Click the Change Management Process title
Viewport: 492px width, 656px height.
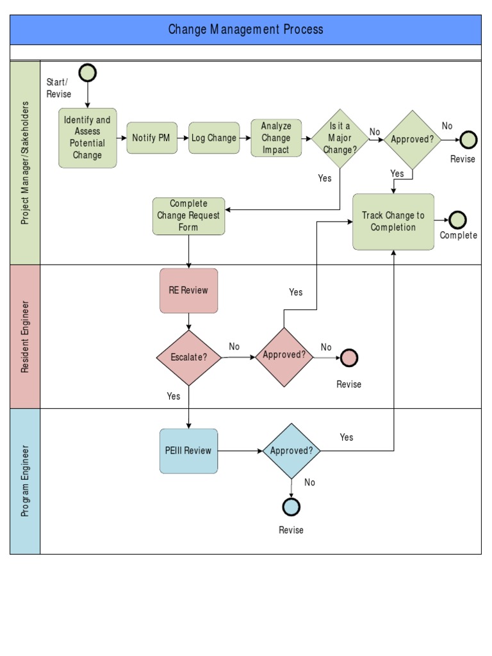pos(245,29)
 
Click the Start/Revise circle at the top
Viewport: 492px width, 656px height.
pos(88,74)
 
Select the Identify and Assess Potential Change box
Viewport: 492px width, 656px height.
pos(88,138)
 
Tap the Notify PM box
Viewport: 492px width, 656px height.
pos(152,138)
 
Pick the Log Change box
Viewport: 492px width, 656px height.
pos(214,138)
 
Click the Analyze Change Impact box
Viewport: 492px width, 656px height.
pos(276,138)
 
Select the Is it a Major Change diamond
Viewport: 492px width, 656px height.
pos(340,138)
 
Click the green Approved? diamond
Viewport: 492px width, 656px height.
pos(412,139)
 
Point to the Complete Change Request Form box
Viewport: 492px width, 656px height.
pos(189,216)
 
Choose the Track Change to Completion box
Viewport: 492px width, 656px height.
pos(393,222)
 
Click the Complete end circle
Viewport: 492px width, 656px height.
pos(457,220)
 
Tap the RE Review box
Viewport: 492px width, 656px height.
pos(189,290)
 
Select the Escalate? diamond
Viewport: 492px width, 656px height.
pos(189,357)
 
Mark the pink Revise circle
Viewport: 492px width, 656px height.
pos(348,357)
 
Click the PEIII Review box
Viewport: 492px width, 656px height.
pos(188,451)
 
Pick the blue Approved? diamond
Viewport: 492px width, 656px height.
pos(291,451)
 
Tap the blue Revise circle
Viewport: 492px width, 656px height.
pos(291,507)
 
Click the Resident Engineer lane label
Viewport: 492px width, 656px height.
pos(25,336)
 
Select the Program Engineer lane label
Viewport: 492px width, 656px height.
pos(25,481)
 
